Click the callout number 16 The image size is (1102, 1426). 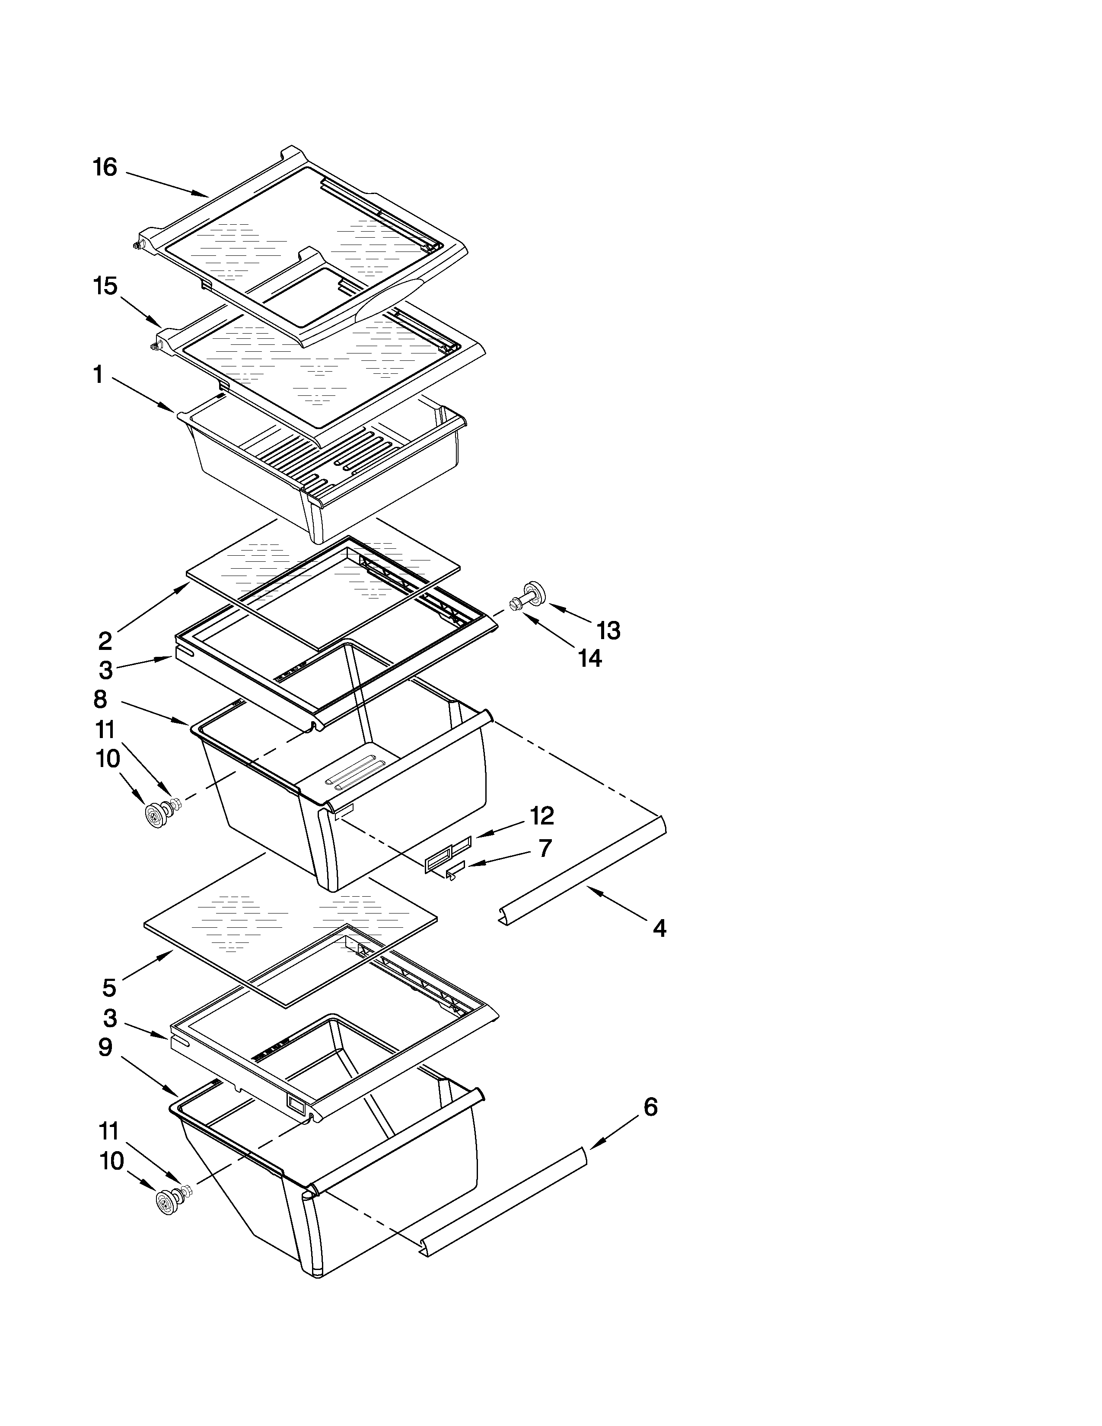[105, 168]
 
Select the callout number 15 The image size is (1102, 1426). [105, 286]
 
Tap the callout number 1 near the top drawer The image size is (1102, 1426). [98, 375]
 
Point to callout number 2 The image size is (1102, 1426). [105, 641]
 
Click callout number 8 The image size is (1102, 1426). [100, 699]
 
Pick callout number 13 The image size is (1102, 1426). [608, 631]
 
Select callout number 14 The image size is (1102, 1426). [589, 658]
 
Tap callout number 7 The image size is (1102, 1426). [545, 848]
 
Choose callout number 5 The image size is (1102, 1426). [109, 988]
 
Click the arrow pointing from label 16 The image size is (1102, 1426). [166, 184]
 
